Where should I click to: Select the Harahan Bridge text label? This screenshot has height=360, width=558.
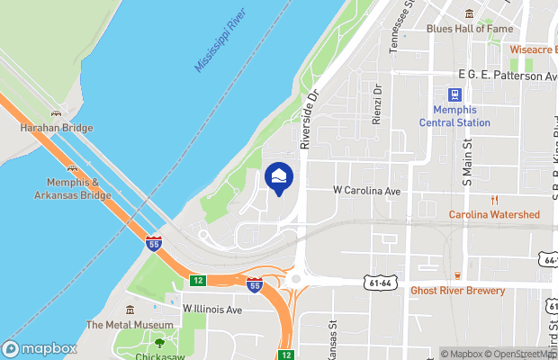[x=57, y=128]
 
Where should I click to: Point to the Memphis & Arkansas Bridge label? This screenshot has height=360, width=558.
[x=73, y=188]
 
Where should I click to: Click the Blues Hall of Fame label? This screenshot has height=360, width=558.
[x=469, y=29]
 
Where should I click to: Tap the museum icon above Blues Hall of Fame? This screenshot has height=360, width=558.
[x=469, y=13]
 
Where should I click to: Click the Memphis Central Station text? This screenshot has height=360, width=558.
[x=455, y=116]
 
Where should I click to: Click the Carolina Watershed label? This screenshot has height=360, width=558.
[x=494, y=214]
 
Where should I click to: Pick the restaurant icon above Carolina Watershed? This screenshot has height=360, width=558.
[x=494, y=200]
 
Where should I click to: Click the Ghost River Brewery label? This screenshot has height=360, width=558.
[x=457, y=291]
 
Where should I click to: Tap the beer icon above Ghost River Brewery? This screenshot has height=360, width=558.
[x=457, y=275]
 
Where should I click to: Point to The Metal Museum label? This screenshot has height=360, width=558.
[x=130, y=325]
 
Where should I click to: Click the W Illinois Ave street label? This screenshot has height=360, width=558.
[x=213, y=310]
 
